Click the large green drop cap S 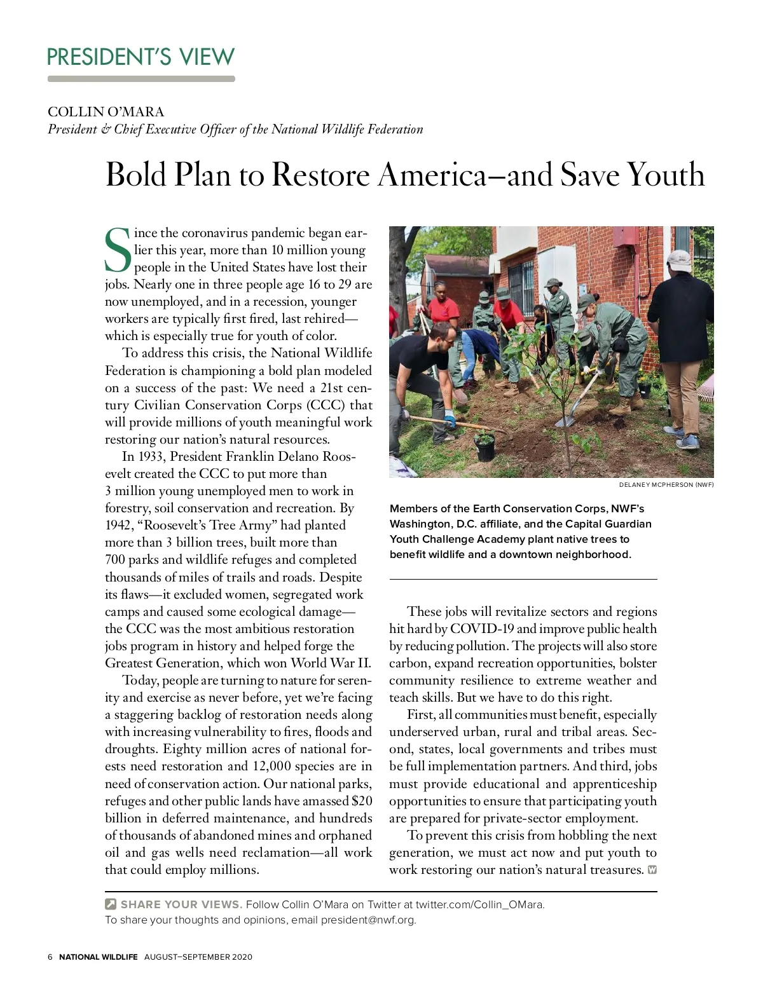(118, 250)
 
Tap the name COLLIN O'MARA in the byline (106, 112)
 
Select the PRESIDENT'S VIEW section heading (141, 57)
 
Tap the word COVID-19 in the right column (482, 629)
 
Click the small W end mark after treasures (652, 869)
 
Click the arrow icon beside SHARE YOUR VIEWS (111, 904)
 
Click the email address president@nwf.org (368, 920)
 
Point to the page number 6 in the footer (50, 957)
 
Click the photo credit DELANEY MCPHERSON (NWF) (666, 485)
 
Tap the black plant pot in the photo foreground (485, 449)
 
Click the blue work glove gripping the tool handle (450, 419)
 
